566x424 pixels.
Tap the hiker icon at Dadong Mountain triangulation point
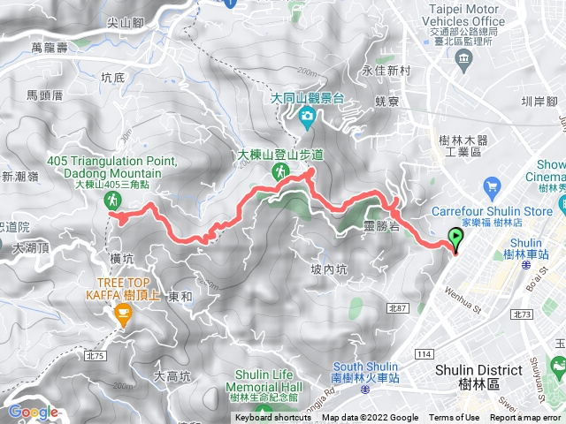coord(113,201)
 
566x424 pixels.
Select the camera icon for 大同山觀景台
coord(306,115)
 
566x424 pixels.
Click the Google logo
coord(33,412)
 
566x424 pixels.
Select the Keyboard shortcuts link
coord(274,418)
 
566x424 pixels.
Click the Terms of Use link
coord(454,418)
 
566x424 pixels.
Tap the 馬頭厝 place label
coord(45,95)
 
